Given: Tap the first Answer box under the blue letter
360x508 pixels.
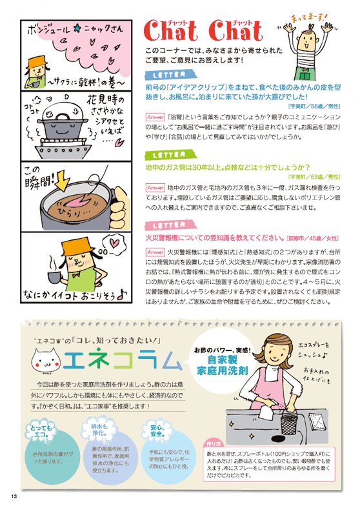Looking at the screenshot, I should (x=155, y=117).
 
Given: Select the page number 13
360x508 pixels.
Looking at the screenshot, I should (x=13, y=496).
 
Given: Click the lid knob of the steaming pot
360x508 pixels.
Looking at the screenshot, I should (x=57, y=99).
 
